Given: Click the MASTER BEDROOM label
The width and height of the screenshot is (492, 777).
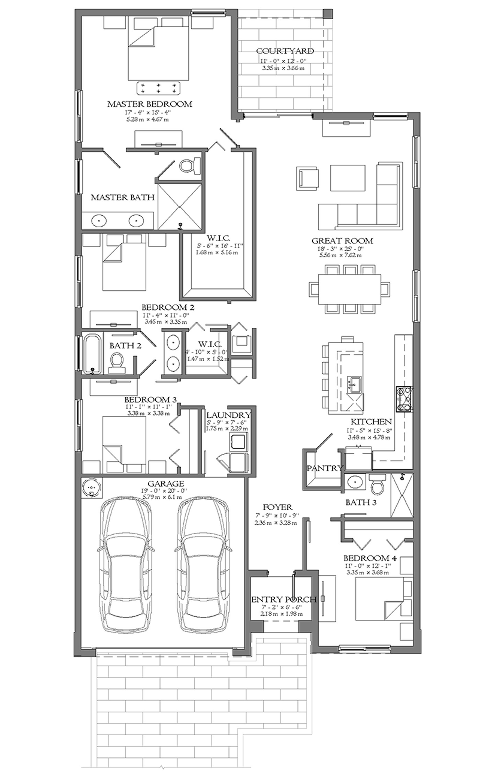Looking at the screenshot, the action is [149, 104].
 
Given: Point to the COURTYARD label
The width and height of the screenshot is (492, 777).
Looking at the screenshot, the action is [285, 51].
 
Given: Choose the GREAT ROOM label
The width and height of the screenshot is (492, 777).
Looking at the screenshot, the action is [342, 241].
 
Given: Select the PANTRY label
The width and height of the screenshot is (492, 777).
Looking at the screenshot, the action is [324, 468].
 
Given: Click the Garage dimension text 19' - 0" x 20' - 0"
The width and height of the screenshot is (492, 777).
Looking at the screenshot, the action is [164, 491].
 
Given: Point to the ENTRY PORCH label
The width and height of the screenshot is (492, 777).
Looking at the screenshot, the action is [284, 599].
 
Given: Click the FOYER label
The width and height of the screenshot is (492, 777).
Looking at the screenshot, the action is [277, 507].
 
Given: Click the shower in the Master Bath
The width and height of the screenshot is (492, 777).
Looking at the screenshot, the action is [179, 206].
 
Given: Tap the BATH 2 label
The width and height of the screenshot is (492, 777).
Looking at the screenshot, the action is [125, 346].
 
